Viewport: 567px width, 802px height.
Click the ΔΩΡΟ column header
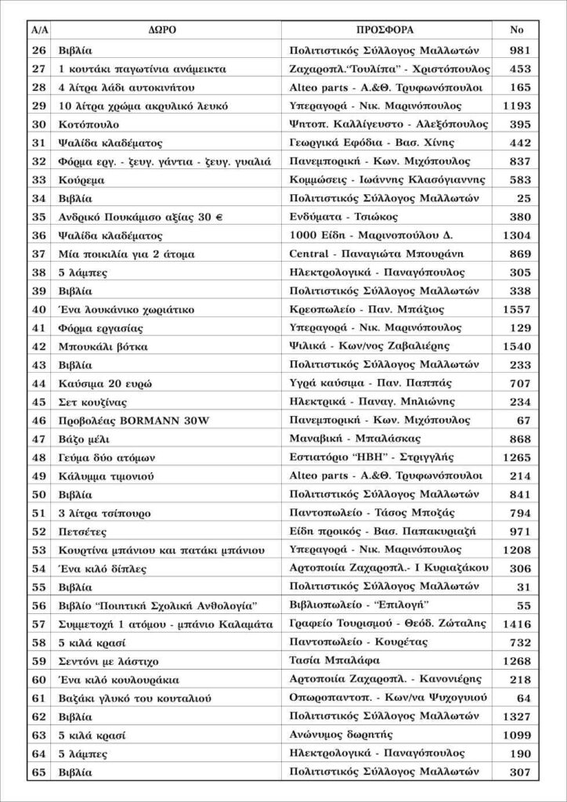point(162,30)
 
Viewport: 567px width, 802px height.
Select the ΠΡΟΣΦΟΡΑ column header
point(385,30)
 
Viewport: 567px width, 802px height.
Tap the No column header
point(517,30)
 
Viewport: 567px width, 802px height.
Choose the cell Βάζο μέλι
point(85,439)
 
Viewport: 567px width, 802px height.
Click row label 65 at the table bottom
point(38,772)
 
